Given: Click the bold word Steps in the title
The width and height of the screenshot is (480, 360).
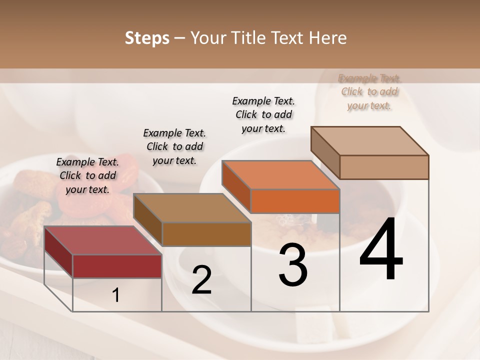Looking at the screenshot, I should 147,38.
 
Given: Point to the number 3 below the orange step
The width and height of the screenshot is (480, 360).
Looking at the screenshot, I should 293,265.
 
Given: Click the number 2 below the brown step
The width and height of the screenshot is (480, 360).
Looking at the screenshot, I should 202,280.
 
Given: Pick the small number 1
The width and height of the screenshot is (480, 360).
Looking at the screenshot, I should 116,295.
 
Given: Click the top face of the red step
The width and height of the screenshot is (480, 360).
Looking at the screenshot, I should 102,240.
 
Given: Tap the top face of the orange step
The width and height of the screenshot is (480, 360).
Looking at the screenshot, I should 280,175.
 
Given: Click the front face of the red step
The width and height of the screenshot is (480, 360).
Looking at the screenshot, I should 117,266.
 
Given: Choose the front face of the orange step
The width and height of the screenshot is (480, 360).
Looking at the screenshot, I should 295,201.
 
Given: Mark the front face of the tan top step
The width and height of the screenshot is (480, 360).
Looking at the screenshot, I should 384,167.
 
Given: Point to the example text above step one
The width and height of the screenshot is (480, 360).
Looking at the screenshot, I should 87,176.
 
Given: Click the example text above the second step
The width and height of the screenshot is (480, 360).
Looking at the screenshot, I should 174,147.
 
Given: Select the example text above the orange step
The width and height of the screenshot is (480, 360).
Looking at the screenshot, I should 263,114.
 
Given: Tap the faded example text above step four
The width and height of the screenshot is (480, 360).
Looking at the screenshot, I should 369,92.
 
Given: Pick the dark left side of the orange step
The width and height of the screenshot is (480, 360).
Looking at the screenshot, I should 236,186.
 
